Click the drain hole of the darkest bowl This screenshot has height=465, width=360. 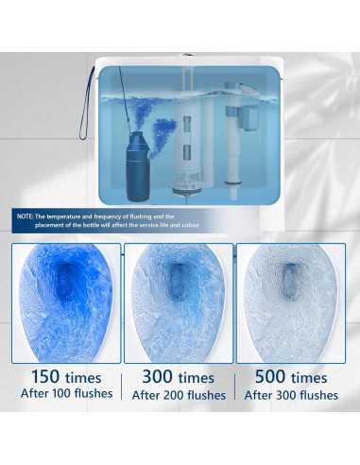pos(71,274)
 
